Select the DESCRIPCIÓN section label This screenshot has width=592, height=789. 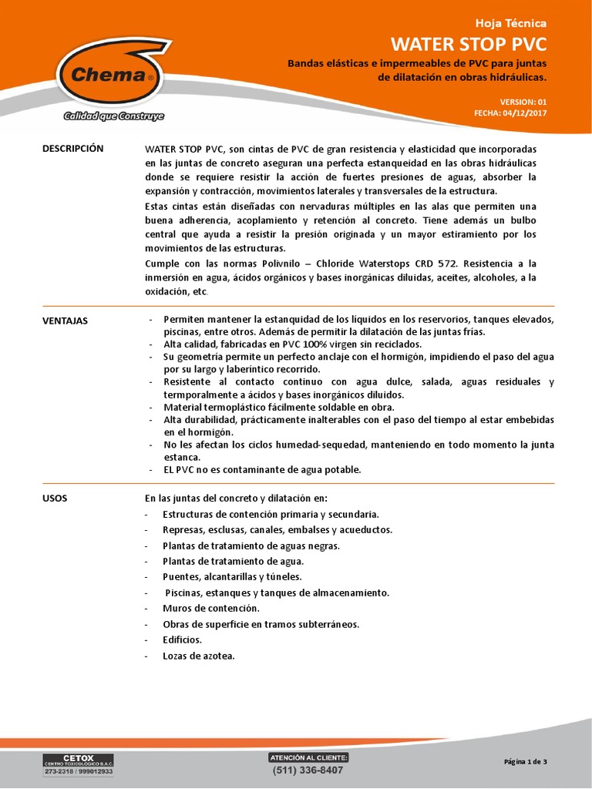pos(72,148)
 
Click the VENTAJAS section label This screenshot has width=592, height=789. pos(65,321)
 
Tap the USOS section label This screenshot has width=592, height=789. pos(55,499)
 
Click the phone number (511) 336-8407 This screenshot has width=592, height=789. pos(308,770)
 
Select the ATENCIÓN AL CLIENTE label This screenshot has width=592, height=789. pos(308,757)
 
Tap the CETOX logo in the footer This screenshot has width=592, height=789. pos(77,765)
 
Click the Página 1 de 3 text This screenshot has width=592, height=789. pos(525,762)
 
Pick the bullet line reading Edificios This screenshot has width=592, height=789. pos(182,640)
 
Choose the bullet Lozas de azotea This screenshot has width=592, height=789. pos(198,656)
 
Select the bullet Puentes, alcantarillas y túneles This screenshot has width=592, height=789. pos(232,576)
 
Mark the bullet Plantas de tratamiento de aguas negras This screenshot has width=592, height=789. pos(251,546)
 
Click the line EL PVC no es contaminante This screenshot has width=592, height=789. pos(262,469)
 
